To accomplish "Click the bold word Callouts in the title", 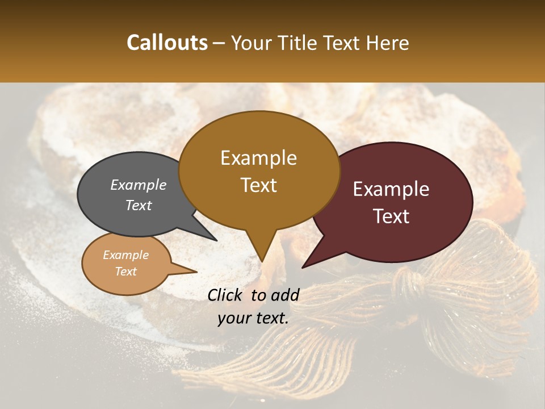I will coord(167,43).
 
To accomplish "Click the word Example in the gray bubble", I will coord(139,185).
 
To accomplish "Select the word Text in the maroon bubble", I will coord(392,216).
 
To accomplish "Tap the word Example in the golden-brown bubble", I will coord(258,158).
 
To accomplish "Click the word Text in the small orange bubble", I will coord(125,272).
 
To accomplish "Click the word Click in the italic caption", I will coord(226,295).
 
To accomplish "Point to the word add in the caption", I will coord(286,295).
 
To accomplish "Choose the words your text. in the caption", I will coord(253,318).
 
